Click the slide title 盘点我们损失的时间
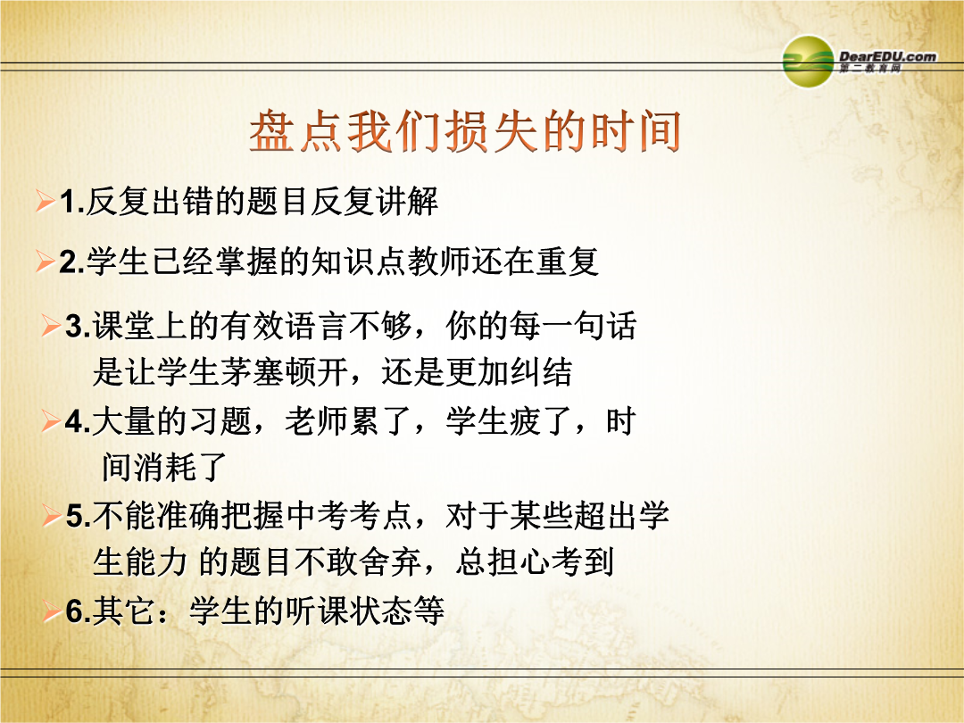point(465,131)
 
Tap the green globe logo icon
point(808,61)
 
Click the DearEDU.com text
point(887,56)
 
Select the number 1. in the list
point(72,202)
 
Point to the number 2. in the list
point(72,262)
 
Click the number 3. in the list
point(79,326)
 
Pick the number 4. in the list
point(79,421)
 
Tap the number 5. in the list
point(79,515)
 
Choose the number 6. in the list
point(79,611)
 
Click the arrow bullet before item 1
point(46,201)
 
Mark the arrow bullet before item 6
point(52,611)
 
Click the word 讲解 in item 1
point(406,202)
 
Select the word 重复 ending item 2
point(568,262)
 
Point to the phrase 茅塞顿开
point(285,372)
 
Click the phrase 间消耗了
point(164,467)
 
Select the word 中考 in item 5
point(317,515)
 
